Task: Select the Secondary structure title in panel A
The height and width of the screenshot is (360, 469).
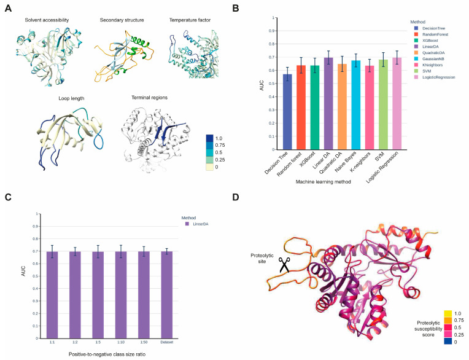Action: [x=123, y=20]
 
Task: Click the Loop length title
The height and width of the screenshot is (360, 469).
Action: [x=53, y=97]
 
